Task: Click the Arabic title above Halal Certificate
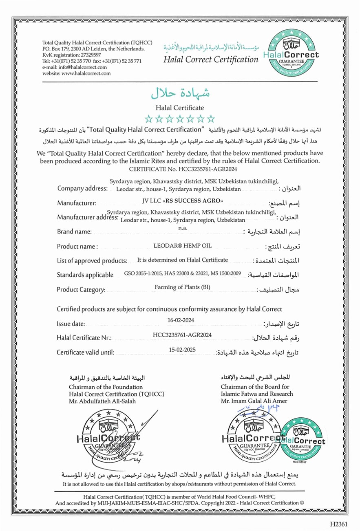(180, 93)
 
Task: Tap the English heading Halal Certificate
(180, 108)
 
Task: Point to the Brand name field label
(74, 231)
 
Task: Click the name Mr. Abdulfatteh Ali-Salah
(102, 401)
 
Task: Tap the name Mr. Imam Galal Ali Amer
(254, 401)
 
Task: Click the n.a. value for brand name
(183, 228)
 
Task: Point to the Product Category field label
(81, 290)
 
